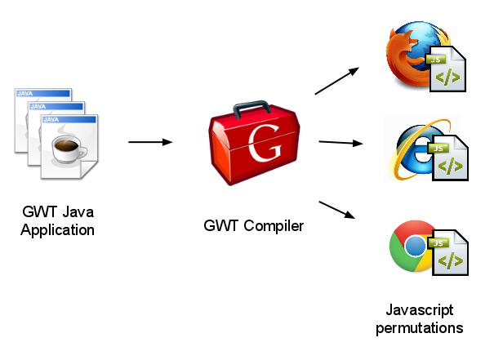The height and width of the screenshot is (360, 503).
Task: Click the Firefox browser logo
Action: tap(408, 56)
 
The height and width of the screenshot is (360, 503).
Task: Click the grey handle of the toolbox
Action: tap(251, 109)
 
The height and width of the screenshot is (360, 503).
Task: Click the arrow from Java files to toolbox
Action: tap(150, 142)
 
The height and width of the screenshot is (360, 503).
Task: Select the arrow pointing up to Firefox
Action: tap(337, 80)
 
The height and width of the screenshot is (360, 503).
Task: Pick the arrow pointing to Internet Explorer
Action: tap(340, 143)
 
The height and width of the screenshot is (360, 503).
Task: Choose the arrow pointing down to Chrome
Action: tap(338, 209)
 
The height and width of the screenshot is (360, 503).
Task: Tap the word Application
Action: tap(58, 229)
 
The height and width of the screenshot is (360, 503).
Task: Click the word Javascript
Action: tap(420, 310)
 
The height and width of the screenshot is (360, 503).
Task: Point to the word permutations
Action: tap(420, 328)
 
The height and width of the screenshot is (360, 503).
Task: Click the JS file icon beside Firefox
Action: tap(446, 72)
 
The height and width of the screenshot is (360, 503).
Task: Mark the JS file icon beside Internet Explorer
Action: tap(447, 159)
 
